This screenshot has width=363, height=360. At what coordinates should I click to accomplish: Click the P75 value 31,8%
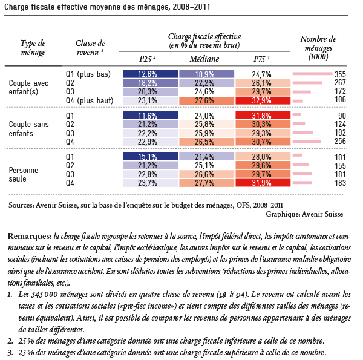coord(262,115)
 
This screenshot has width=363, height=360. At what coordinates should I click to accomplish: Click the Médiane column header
coord(204,59)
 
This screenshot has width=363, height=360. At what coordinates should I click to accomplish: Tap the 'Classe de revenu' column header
coord(91,47)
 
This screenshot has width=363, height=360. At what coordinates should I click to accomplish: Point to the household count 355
coord(341,74)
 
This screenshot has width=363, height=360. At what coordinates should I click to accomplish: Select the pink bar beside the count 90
coord(296,115)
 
